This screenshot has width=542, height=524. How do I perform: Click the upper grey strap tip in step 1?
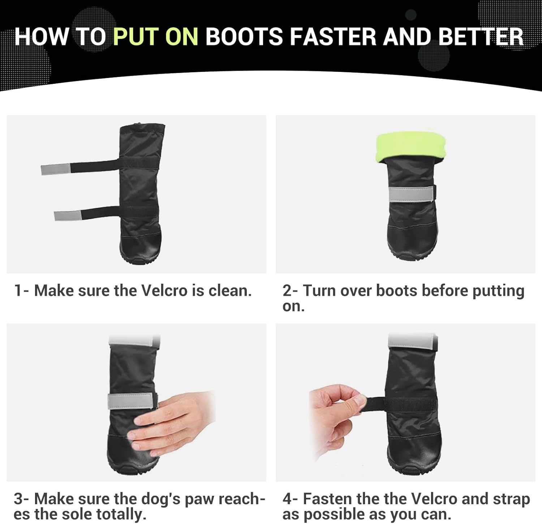click(x=56, y=169)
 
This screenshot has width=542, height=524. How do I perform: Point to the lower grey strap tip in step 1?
click(x=68, y=215)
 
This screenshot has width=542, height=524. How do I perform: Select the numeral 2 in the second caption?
click(x=287, y=291)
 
